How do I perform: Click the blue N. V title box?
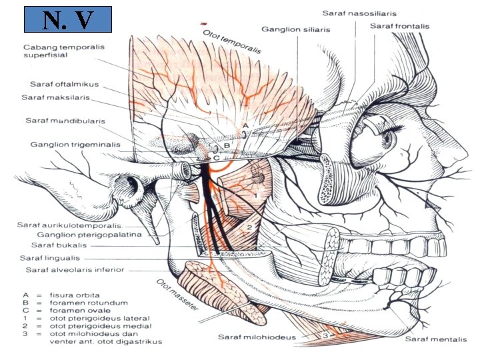(x=67, y=20)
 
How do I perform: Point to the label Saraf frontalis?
(x=400, y=26)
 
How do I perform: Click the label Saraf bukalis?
(x=49, y=245)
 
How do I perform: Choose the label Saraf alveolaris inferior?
(x=75, y=270)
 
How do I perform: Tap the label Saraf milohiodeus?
(x=258, y=337)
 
